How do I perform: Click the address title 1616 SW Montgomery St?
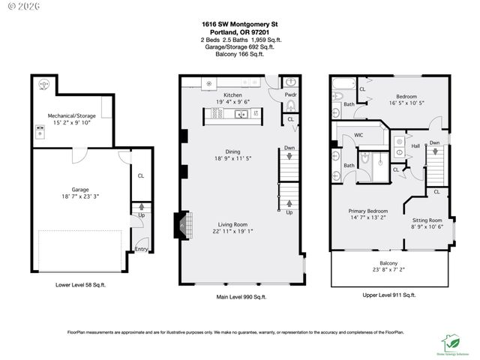(x=239, y=23)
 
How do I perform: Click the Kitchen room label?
(x=232, y=96)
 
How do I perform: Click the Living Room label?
(x=232, y=224)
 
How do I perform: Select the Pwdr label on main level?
(x=290, y=95)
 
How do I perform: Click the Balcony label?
(x=388, y=263)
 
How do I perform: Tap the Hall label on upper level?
(x=416, y=146)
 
